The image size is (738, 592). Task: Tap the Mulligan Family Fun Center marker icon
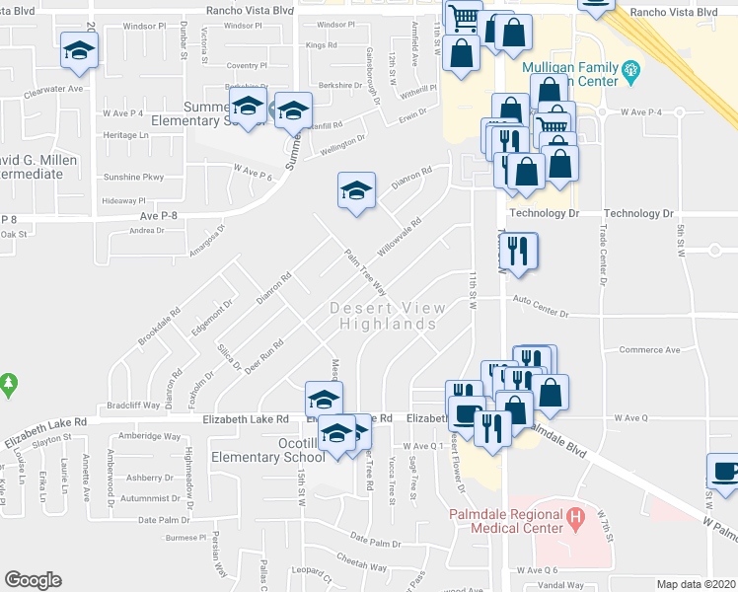pyautogui.click(x=632, y=71)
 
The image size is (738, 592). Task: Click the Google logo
pyautogui.click(x=33, y=580)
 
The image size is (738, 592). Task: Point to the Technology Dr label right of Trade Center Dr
pyautogui.click(x=637, y=213)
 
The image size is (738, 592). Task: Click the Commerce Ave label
pyautogui.click(x=649, y=350)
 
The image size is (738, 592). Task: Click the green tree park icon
pyautogui.click(x=8, y=383)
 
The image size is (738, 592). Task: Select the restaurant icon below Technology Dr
pyautogui.click(x=522, y=250)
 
